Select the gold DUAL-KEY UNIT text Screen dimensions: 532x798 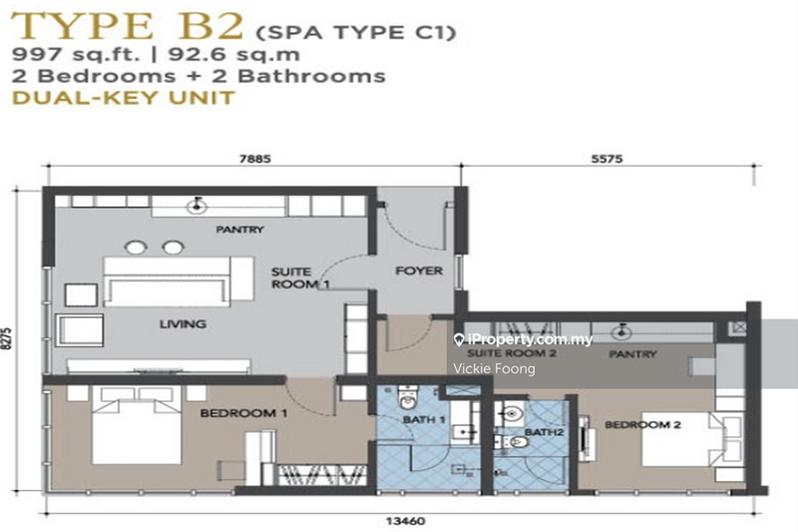click(123, 98)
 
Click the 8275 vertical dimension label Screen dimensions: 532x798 click(11, 339)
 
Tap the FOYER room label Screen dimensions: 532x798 click(419, 270)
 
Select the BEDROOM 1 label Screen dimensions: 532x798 click(230, 412)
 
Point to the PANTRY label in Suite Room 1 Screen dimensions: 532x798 click(240, 230)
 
